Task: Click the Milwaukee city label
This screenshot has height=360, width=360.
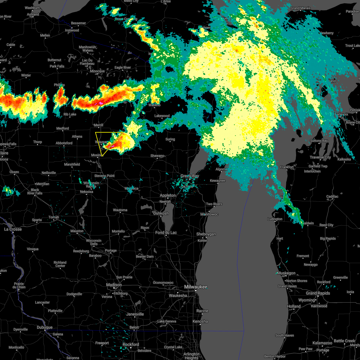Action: coord(196,287)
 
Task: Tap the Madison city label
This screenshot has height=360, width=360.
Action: coord(114,285)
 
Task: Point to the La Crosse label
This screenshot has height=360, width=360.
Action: coord(13,229)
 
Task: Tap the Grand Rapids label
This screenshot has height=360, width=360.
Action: coord(318,293)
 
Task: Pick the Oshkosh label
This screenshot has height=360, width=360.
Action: coord(161,213)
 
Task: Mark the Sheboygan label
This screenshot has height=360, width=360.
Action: coord(206,234)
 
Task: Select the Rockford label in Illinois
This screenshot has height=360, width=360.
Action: coord(131,344)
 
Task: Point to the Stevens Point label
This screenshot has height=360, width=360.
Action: coord(104,176)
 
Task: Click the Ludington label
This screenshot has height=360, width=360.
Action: coord(275,219)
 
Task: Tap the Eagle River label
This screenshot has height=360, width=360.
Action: coord(123,67)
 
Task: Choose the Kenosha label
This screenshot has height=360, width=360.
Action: coord(200,321)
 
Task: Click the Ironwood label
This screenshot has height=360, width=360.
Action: coord(72,30)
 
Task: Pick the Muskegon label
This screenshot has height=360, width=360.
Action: coord(286,273)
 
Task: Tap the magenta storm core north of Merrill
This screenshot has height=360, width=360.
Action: coord(100,103)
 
